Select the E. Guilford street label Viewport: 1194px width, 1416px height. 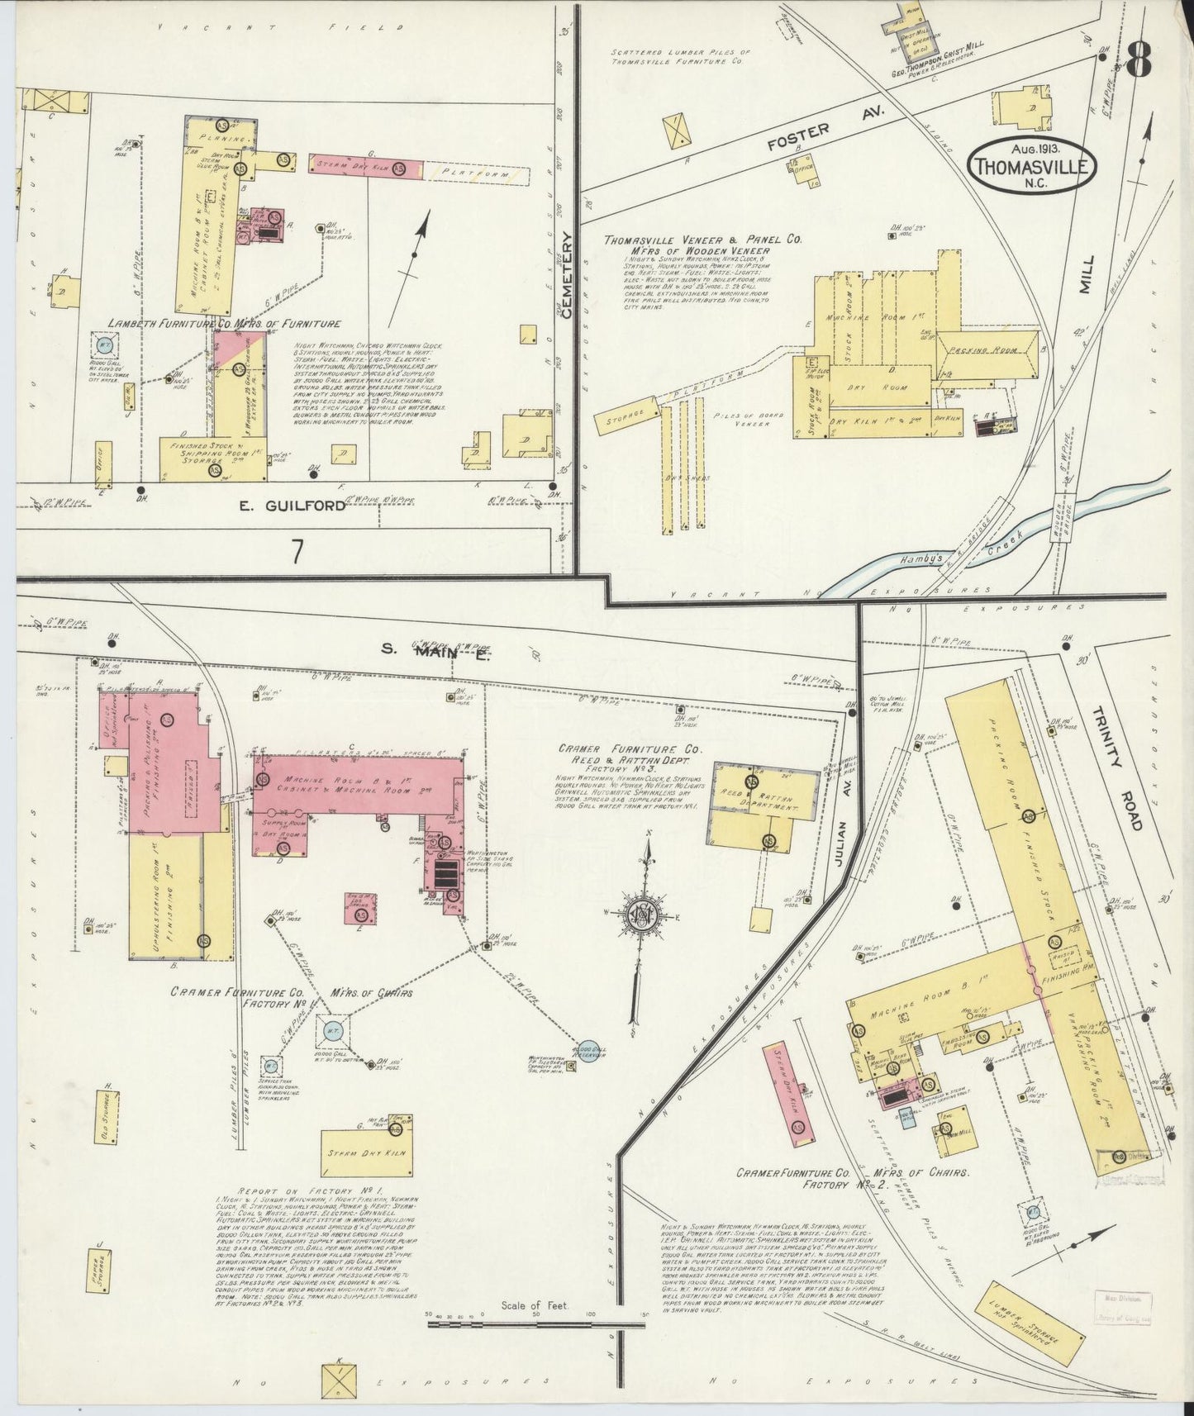292,506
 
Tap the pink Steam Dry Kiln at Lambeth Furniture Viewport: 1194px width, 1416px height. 367,166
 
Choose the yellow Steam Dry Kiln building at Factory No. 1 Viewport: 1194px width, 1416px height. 368,1151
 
